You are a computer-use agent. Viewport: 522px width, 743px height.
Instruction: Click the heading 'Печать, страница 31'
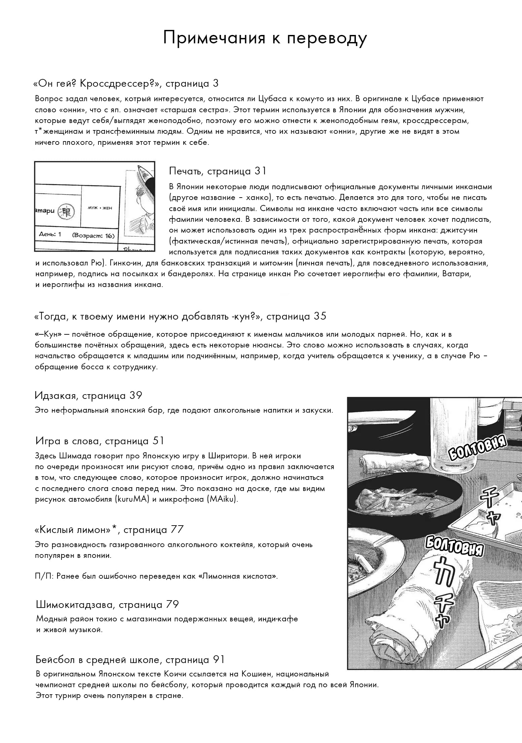coord(218,171)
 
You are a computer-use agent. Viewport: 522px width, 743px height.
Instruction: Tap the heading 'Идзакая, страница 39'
coord(88,396)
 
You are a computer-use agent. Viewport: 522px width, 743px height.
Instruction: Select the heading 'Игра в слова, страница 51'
coord(100,441)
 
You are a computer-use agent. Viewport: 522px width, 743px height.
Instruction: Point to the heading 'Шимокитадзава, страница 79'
coord(107,605)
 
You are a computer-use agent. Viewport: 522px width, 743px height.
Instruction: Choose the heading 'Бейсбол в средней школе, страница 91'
coord(130,660)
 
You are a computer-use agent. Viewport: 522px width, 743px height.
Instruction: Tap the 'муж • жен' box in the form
coord(100,208)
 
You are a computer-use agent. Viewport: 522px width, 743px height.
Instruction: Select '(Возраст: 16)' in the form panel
coord(93,235)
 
